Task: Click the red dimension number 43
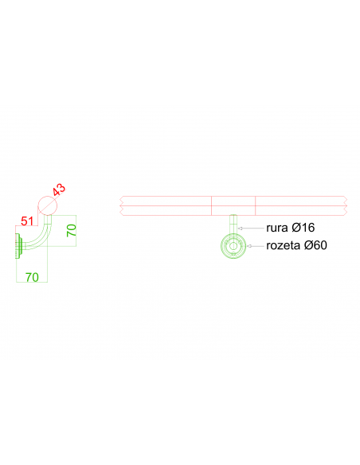pyautogui.click(x=59, y=190)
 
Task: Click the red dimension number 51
pyautogui.click(x=27, y=221)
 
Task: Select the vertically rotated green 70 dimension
pyautogui.click(x=72, y=230)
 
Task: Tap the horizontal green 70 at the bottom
pyautogui.click(x=32, y=277)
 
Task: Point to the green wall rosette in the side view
pyautogui.click(x=18, y=246)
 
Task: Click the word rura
pyautogui.click(x=277, y=228)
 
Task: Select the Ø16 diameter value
pyautogui.click(x=303, y=228)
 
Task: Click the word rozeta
pyautogui.click(x=284, y=245)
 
